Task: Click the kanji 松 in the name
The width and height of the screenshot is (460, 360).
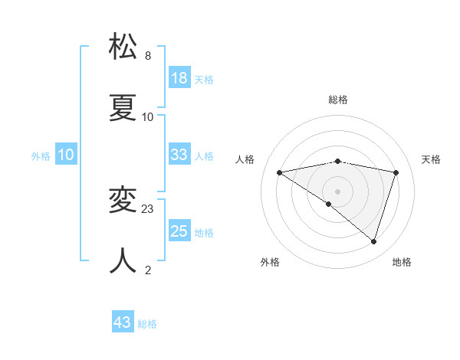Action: [123, 47]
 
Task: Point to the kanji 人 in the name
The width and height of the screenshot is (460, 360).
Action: [123, 261]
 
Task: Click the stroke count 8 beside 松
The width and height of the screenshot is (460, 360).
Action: [148, 56]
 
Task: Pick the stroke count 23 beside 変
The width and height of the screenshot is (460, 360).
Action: [148, 208]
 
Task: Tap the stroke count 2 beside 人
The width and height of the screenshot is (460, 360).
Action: [148, 270]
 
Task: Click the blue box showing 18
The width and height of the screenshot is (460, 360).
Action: [179, 78]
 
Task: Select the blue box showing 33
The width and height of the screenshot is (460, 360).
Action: [179, 155]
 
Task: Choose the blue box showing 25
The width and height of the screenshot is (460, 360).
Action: [179, 231]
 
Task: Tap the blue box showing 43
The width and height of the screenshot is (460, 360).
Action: [123, 322]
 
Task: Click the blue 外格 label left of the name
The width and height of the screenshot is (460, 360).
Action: [41, 155]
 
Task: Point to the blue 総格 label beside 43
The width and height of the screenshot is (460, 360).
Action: [147, 324]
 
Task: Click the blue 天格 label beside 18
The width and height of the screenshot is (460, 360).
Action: [203, 79]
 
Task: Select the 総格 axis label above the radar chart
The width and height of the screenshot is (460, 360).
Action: [338, 100]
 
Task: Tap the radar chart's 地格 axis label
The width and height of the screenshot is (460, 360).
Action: [402, 262]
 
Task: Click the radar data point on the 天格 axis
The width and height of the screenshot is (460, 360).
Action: [396, 172]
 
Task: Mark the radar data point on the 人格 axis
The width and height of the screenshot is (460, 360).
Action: [279, 172]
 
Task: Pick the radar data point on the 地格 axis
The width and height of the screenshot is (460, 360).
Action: [374, 241]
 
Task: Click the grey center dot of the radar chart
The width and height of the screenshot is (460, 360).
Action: [338, 191]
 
